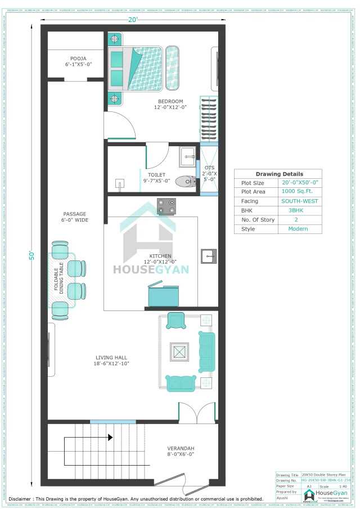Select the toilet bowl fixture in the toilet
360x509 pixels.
[x=185, y=181]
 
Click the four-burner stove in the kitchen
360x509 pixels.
[x=166, y=206]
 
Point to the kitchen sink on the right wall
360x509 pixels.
[x=209, y=256]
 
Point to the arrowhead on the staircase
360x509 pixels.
[x=110, y=437]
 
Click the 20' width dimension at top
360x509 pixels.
[x=132, y=21]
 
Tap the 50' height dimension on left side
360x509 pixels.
[x=32, y=254]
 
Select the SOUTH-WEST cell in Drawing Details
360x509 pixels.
[x=300, y=201]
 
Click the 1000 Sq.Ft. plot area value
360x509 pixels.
[x=300, y=192]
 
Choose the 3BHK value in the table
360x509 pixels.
[x=300, y=210]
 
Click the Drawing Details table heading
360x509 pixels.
[x=279, y=174]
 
